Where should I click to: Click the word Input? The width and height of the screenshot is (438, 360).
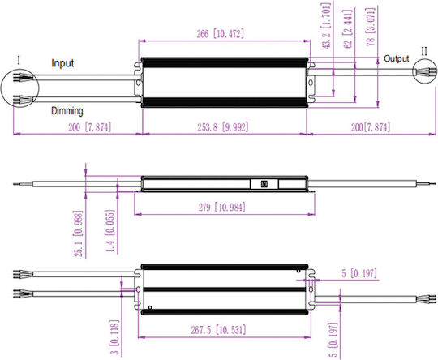coord(62,63)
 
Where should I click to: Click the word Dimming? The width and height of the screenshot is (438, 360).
coord(67,111)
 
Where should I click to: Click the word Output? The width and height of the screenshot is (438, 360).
coord(396,58)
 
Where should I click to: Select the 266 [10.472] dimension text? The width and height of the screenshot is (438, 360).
coord(220,34)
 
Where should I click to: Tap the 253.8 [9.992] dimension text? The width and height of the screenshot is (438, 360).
coord(222,127)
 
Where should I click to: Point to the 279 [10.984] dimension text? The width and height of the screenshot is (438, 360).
coord(222,208)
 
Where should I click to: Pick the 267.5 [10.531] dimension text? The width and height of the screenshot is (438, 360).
coord(218,330)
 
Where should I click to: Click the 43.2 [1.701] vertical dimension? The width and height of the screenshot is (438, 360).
coord(326,26)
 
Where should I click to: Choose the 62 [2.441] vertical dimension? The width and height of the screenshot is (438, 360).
coord(348,29)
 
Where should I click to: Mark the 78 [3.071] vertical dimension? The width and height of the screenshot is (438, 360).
coord(371,27)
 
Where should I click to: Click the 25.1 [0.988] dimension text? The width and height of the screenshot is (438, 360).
coord(78,234)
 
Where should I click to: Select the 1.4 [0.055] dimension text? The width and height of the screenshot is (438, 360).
coord(109,231)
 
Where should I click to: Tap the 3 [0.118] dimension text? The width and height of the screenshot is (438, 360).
coord(114,337)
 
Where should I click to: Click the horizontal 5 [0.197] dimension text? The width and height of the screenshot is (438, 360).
coord(359,273)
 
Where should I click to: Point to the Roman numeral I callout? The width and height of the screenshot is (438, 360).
coord(19,60)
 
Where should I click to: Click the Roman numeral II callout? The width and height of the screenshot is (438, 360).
coord(424,51)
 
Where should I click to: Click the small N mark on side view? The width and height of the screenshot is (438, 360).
coord(264,184)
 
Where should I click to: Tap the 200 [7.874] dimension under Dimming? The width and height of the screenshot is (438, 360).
coord(90,127)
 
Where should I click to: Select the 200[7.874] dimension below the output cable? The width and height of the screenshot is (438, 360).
coord(371,127)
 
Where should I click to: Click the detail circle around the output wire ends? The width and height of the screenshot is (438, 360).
coord(413,71)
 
